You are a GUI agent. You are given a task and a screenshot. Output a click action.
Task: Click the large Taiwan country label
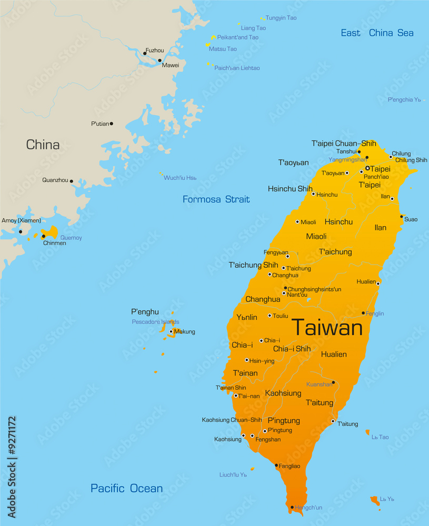tap(327, 328)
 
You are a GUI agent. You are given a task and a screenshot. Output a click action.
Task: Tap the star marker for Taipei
tap(367, 168)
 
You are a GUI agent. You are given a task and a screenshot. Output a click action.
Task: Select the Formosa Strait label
tap(216, 199)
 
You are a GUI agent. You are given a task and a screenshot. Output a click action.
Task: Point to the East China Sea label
tap(377, 33)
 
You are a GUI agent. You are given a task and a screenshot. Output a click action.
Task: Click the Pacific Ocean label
tap(126, 488)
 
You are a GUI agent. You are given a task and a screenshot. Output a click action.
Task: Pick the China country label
tap(43, 145)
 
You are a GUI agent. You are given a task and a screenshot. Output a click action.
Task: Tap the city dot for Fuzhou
tap(145, 53)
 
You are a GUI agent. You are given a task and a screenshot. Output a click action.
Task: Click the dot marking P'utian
tap(111, 124)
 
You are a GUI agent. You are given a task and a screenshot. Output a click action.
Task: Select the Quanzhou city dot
tap(72, 181)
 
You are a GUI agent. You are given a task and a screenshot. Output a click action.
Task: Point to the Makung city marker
tap(171, 331)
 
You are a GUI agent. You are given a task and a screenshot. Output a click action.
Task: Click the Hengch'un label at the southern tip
tap(308, 508)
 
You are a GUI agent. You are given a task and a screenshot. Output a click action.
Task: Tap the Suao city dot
tap(402, 217)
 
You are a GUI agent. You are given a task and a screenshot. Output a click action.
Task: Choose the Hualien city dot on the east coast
tap(378, 283)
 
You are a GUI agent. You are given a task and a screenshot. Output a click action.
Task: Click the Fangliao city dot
tap(276, 465)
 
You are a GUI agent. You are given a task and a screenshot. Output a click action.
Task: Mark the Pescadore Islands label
tap(155, 322)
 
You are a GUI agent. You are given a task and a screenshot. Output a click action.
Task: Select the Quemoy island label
tap(71, 238)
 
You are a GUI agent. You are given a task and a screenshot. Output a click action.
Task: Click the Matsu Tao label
tap(223, 49)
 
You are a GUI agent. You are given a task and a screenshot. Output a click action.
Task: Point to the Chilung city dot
tap(391, 156)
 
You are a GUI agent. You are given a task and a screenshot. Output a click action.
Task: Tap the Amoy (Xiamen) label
tap(21, 220)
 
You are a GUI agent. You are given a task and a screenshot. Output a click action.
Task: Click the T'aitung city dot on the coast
tap(333, 421)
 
